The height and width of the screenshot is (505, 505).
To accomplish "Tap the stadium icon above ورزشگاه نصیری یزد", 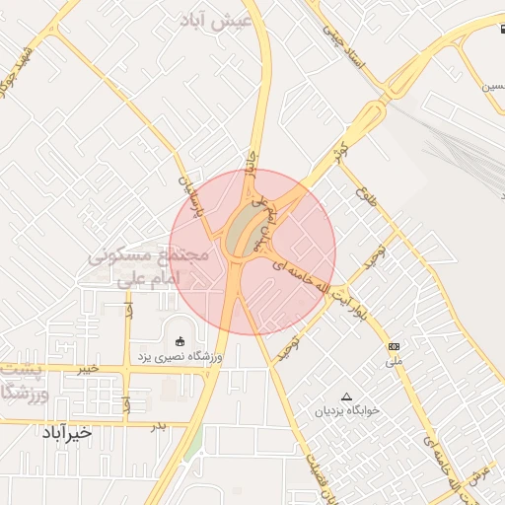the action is [180, 340].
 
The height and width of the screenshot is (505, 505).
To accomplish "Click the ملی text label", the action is [396, 362].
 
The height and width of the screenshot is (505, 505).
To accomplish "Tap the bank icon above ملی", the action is [395, 346].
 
